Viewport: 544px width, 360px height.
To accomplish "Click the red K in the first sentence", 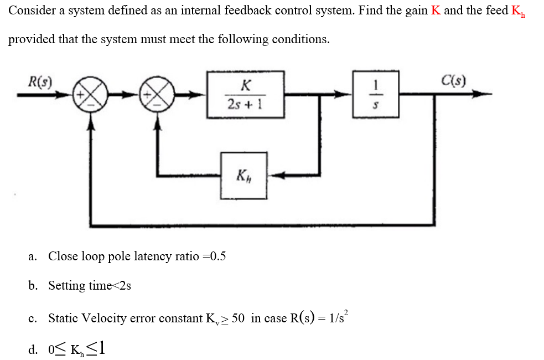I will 436,11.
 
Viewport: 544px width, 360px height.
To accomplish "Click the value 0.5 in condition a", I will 216,256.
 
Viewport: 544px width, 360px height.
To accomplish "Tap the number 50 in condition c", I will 239,318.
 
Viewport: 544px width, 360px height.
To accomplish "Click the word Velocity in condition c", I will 102,318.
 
